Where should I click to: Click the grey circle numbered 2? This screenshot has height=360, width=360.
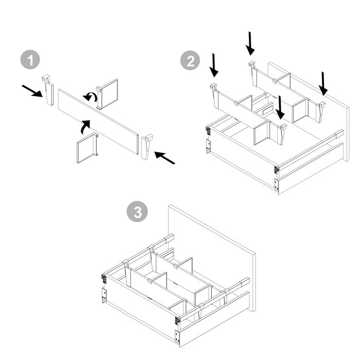tap(190, 61)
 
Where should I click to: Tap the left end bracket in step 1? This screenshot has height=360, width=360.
tap(48, 89)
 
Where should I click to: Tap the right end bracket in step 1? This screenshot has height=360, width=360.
tap(147, 148)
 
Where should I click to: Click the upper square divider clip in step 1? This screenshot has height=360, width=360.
tap(107, 94)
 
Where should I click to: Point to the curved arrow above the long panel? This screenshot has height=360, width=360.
tap(91, 96)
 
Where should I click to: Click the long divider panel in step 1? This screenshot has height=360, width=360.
tap(98, 120)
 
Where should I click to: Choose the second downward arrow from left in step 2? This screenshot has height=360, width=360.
tap(250, 43)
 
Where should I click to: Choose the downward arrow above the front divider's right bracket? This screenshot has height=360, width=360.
tap(280, 107)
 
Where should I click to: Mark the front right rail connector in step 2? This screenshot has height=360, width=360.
tap(277, 169)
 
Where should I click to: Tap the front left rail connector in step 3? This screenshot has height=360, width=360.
tap(104, 278)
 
